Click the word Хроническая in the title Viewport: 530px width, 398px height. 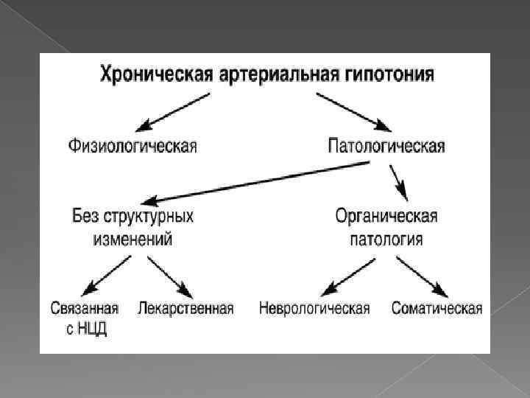150,74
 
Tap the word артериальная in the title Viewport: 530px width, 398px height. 262,74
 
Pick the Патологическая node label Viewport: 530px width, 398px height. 386,144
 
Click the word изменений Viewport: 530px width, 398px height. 132,238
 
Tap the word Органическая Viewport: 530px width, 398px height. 386,217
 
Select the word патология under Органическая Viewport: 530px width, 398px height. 386,238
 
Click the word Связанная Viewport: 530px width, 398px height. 85,308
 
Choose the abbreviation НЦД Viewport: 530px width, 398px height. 91,329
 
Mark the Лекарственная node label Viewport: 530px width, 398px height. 185,308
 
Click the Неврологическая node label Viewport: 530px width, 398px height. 314,308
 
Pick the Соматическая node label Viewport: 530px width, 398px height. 437,308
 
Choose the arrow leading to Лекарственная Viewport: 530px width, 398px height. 169,275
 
